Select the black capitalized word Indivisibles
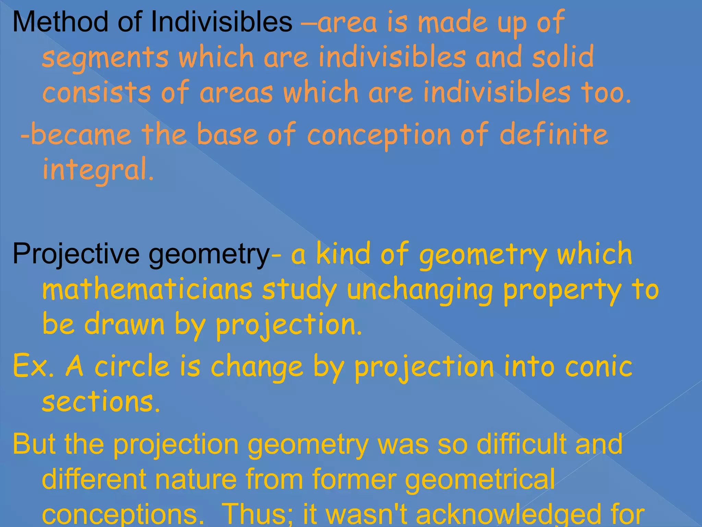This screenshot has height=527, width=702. pyautogui.click(x=221, y=22)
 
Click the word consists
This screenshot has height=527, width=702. pyautogui.click(x=97, y=92)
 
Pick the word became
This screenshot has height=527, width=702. pyautogui.click(x=81, y=134)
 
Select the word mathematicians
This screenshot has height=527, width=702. pyautogui.click(x=147, y=290)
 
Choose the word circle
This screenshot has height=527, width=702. pyautogui.click(x=132, y=366)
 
